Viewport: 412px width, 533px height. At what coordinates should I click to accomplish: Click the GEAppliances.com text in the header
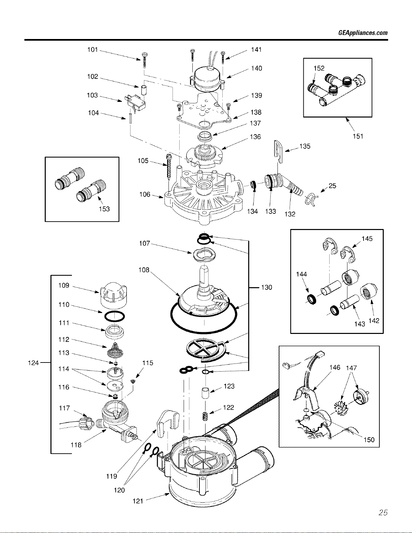click(x=363, y=33)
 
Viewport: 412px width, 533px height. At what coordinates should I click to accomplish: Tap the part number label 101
click(x=92, y=49)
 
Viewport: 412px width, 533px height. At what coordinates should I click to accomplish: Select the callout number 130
click(x=267, y=287)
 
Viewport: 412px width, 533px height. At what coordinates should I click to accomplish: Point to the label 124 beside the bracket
click(x=33, y=363)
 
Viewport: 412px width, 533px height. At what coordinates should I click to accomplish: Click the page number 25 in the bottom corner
click(x=383, y=512)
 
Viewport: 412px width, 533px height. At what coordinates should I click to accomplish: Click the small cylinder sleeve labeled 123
click(x=205, y=393)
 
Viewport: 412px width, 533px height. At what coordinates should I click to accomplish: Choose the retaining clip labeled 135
click(x=279, y=151)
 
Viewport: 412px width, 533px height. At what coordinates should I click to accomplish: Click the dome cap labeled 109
click(x=114, y=295)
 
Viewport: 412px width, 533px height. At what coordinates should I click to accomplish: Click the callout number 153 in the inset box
click(x=104, y=209)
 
